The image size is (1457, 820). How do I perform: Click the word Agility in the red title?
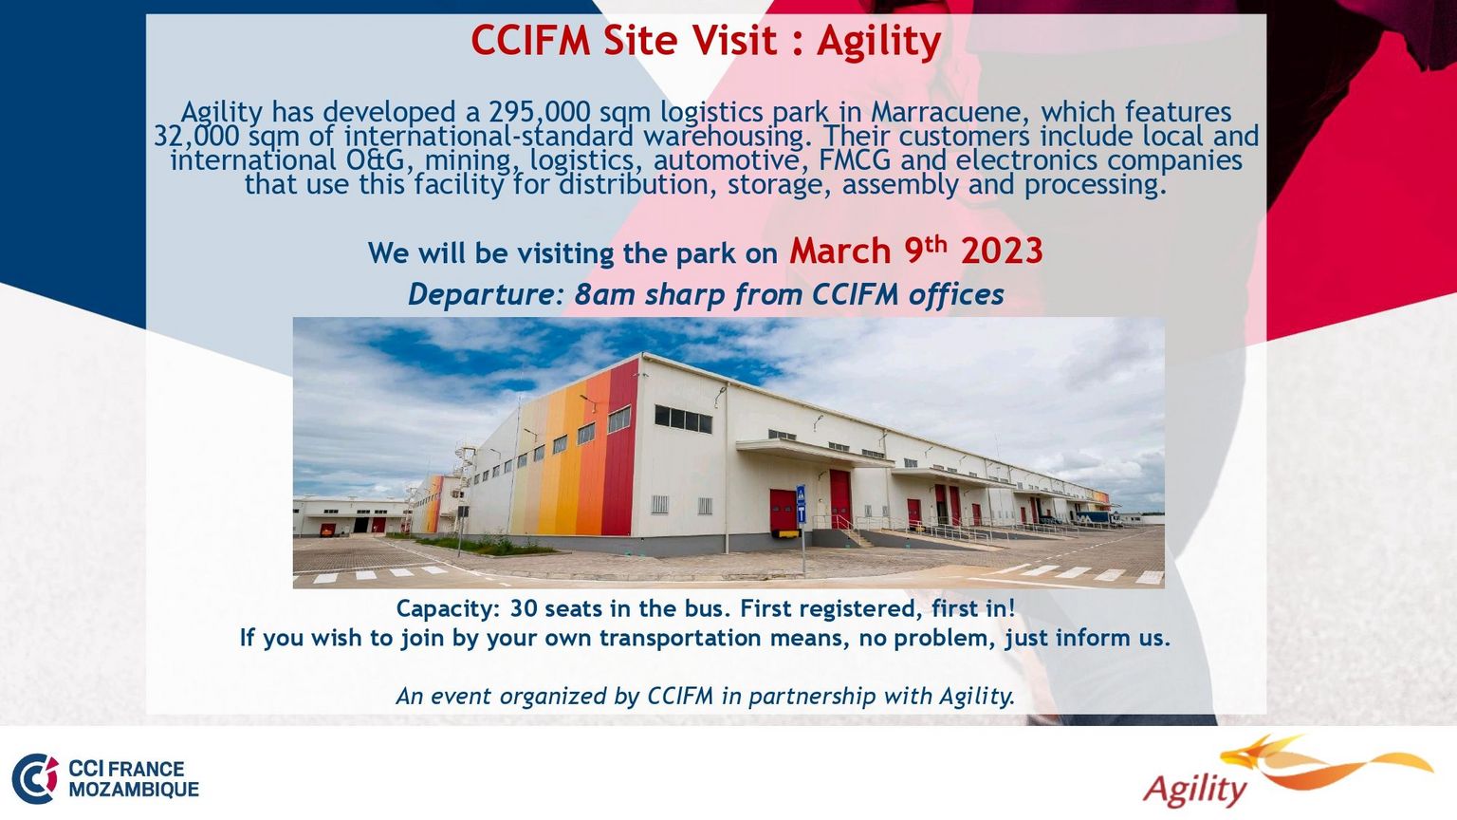point(878,41)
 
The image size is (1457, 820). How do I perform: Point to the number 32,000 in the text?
point(196,137)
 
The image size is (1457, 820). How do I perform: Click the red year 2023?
point(1002,251)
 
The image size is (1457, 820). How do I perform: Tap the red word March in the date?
point(839,251)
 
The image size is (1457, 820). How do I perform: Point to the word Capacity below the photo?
point(448,609)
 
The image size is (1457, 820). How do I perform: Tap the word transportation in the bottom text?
point(680,638)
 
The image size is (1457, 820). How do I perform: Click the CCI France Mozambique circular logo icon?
point(35,778)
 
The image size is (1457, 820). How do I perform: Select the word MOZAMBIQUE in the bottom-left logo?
point(134,790)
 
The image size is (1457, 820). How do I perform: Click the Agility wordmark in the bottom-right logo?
point(1195,790)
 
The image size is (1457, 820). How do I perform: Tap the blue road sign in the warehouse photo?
point(802,504)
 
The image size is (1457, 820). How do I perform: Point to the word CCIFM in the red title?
point(531,41)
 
